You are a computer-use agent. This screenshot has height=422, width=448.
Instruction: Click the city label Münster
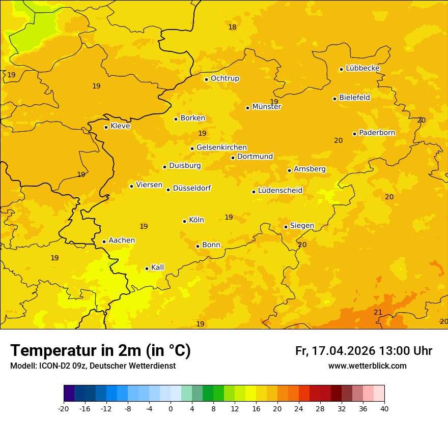(266, 107)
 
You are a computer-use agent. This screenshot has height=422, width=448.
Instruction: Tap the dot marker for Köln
(184, 221)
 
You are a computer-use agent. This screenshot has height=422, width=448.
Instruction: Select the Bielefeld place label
(354, 97)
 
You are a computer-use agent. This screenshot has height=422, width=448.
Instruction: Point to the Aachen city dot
(104, 242)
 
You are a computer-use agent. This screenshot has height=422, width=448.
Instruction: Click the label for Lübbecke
(362, 68)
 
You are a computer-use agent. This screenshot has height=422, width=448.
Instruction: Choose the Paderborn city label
(377, 133)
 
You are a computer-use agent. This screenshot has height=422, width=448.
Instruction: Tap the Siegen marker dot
(286, 227)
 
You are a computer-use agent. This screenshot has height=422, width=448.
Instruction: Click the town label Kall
(157, 267)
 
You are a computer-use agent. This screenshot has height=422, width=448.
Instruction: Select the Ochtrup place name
(225, 78)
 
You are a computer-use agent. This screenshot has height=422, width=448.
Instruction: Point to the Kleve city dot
(106, 127)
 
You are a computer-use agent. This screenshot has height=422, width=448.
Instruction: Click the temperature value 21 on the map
(378, 312)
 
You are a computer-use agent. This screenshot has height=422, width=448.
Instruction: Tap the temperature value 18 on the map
(232, 27)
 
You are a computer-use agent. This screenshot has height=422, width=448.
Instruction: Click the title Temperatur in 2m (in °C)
(100, 351)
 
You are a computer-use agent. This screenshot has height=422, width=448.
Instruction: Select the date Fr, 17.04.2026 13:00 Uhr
(363, 351)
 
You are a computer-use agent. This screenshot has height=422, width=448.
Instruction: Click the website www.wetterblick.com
(367, 366)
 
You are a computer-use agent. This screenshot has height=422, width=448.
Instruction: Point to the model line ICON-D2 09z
(93, 366)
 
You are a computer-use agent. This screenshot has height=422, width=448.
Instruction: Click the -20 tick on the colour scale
(64, 409)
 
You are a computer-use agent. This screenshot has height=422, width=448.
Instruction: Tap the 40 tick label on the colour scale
(384, 409)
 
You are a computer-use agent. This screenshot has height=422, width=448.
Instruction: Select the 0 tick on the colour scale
(171, 409)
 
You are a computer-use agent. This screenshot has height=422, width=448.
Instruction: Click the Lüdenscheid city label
(280, 191)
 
